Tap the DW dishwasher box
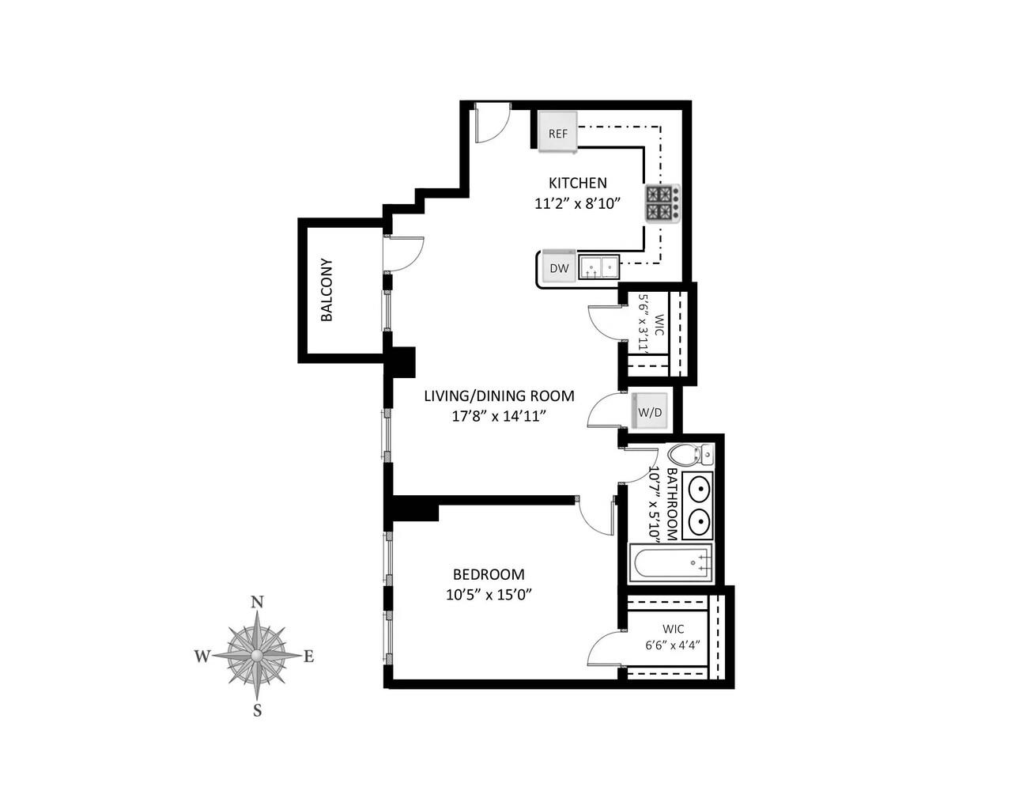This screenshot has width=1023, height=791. pos(559,268)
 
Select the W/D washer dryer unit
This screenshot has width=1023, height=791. pos(650,411)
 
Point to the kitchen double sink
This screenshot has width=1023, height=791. pos(599,268)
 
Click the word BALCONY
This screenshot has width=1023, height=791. pos(327,290)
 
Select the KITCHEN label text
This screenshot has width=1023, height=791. pos(577,183)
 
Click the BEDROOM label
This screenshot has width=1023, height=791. pos(488,575)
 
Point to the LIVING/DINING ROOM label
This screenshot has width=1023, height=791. pos(499,396)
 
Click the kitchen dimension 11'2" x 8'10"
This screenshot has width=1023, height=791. pos(576,203)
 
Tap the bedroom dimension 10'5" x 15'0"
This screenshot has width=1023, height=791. pos(488,595)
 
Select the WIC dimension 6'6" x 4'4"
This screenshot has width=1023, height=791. pos(673,645)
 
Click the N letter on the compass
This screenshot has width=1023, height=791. pos(257,602)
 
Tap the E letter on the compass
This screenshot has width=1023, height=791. pos(309,656)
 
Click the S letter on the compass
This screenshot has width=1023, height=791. pos(257,710)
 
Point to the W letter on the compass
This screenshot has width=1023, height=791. pos(202,656)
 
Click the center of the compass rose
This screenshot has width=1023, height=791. pos(257,656)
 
